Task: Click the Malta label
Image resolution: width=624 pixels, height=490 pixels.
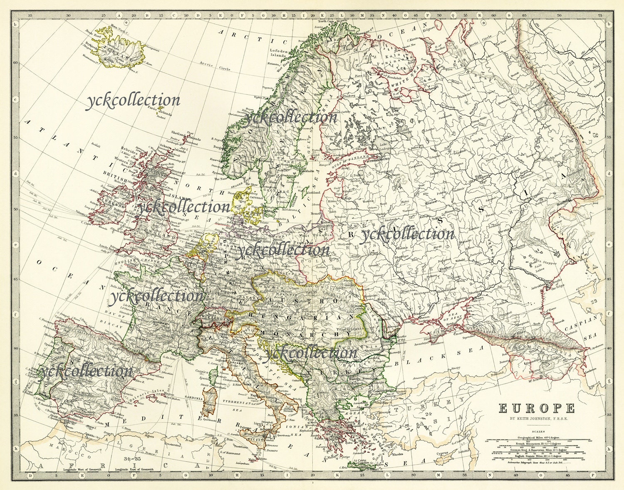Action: click(251, 460)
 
